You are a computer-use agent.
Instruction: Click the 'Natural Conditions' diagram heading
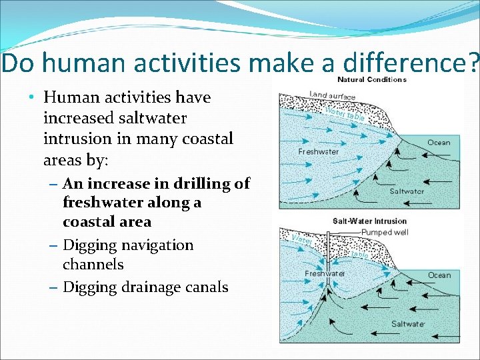(372, 79)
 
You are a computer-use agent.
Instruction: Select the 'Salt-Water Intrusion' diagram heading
(369, 221)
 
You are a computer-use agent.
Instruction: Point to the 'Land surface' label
(333, 95)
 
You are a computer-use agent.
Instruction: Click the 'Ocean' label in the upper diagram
(439, 142)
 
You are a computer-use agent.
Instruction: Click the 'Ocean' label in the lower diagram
(439, 275)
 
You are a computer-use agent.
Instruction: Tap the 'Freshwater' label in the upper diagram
(318, 151)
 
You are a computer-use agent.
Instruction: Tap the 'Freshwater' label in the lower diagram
(325, 273)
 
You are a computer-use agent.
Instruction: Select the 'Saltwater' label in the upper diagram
(407, 191)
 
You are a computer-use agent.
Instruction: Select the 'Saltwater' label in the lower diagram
(408, 324)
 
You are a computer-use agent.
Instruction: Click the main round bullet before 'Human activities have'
(32, 98)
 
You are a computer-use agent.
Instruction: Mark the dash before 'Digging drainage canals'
(53, 288)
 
